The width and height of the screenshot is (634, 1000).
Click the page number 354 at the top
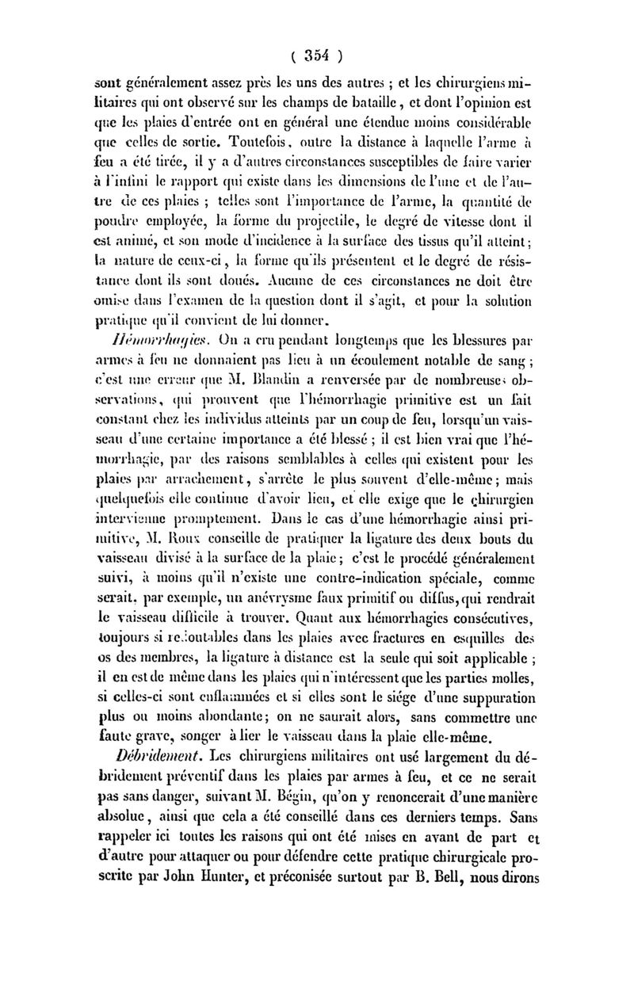[x=317, y=56]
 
